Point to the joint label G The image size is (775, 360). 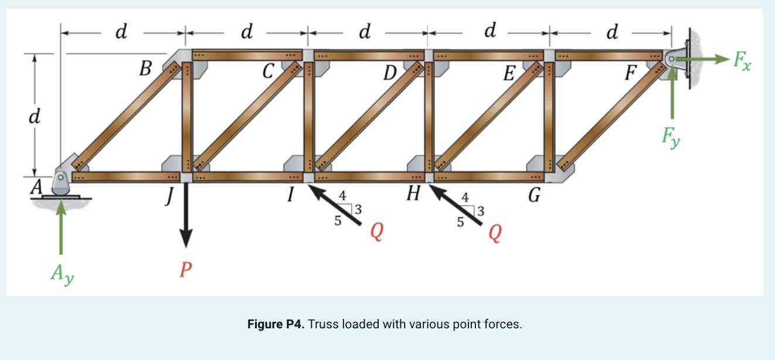point(533,195)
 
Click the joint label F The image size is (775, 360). point(630,73)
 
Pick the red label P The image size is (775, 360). point(186,270)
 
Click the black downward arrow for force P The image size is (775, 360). point(186,217)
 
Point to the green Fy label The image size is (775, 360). point(671,138)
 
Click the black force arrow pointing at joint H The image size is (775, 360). point(457,205)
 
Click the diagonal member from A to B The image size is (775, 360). point(126,117)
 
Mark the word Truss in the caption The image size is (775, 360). point(322,324)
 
